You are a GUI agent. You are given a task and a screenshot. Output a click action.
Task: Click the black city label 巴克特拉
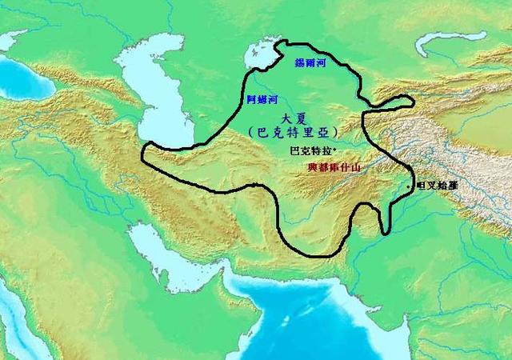coord(310,150)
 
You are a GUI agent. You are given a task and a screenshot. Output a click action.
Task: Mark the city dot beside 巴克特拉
coord(334,150)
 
